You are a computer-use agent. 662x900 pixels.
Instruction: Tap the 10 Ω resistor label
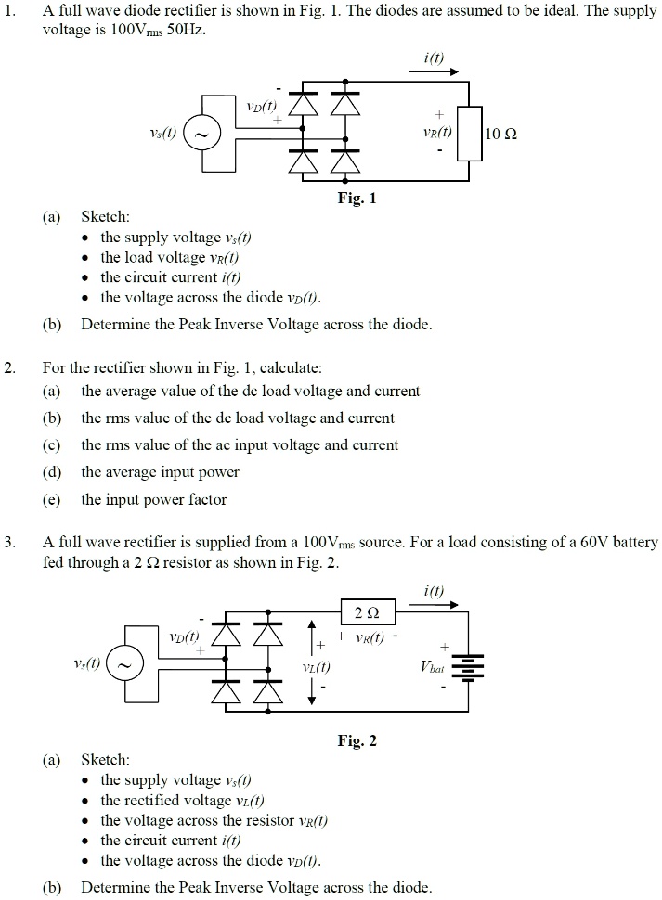click(501, 135)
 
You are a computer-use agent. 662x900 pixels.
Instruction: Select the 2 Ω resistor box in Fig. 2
click(369, 613)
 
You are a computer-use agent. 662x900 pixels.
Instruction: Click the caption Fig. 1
click(357, 199)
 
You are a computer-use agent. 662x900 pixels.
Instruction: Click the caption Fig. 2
click(357, 740)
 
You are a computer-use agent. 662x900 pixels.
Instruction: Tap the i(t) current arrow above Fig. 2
click(432, 604)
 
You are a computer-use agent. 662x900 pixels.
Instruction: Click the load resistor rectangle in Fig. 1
click(470, 135)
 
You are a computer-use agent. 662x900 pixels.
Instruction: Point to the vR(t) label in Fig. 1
click(436, 133)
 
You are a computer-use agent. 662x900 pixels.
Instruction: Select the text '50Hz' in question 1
click(189, 30)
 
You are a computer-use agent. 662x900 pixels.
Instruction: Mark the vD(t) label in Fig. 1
click(255, 107)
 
